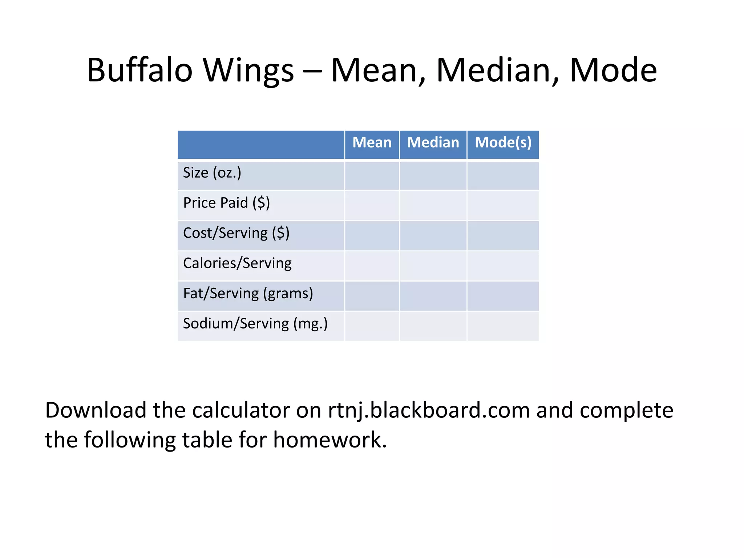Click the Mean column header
(x=372, y=142)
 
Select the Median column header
(x=433, y=142)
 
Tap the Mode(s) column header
(x=503, y=142)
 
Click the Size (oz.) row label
(x=212, y=173)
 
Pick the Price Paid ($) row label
(x=226, y=203)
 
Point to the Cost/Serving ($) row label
(x=236, y=233)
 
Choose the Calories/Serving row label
(x=237, y=263)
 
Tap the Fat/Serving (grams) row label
(x=248, y=293)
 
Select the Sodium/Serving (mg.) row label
(x=255, y=323)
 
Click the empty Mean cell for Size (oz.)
(x=372, y=175)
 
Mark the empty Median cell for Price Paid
(x=433, y=206)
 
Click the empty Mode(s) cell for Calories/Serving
(x=503, y=266)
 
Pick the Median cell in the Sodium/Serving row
(x=433, y=326)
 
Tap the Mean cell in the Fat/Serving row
(x=372, y=296)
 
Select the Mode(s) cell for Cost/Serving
(x=503, y=236)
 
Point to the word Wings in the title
(x=248, y=71)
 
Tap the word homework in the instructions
(x=330, y=440)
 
